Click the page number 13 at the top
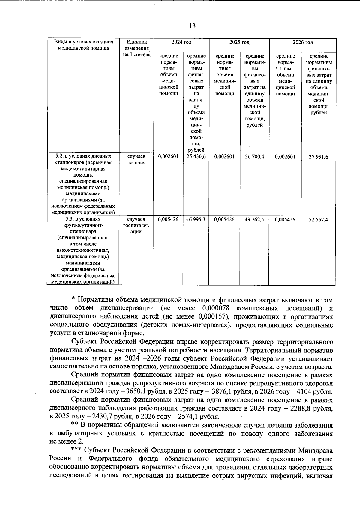pos(192,26)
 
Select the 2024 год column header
pos(181,42)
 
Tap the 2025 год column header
pos(239,42)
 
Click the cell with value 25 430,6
pos(196,156)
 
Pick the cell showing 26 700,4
pos(254,156)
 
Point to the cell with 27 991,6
pos(318,156)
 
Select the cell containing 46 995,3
pos(196,219)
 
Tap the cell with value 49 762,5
pos(254,219)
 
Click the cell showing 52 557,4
pos(318,219)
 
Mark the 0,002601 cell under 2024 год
pos(168,156)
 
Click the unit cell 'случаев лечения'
pos(136,159)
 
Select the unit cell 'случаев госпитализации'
pos(136,225)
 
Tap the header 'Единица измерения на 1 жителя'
pos(136,48)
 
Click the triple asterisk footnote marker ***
pos(76,450)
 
